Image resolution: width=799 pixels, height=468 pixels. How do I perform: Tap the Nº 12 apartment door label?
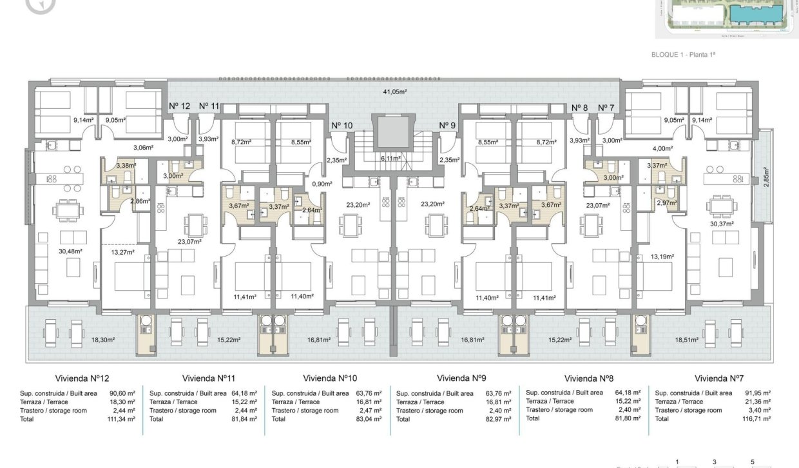(180, 106)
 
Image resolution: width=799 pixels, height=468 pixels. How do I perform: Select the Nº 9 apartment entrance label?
(448, 126)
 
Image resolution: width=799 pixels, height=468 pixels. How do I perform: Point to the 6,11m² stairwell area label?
(392, 159)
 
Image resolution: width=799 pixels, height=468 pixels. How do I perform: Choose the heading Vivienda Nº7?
(719, 378)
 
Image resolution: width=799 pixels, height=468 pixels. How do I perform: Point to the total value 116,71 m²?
(756, 418)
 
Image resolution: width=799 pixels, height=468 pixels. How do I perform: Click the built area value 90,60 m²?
(122, 393)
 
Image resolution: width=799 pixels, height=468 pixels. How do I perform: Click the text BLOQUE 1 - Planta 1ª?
(684, 55)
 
